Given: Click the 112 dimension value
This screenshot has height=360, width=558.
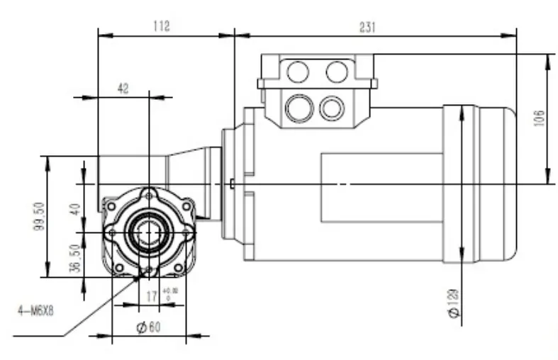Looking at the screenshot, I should pyautogui.click(x=162, y=26).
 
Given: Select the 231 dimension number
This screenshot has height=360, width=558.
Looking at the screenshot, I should pyautogui.click(x=367, y=26).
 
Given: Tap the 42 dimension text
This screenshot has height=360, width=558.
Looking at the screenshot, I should pyautogui.click(x=123, y=88).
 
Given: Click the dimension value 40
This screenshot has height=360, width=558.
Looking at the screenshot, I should pyautogui.click(x=76, y=210).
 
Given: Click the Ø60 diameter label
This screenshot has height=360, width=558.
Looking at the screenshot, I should pyautogui.click(x=148, y=327).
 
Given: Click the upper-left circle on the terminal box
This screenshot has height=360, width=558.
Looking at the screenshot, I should pyautogui.click(x=298, y=72).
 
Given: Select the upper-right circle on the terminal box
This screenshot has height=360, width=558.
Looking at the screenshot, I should pyautogui.click(x=337, y=72).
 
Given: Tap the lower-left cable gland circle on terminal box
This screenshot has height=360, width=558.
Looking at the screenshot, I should pyautogui.click(x=297, y=108).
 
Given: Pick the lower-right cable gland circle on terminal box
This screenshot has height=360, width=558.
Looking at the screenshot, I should pyautogui.click(x=331, y=108).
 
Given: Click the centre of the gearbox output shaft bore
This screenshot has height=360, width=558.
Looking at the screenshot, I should pyautogui.click(x=148, y=232).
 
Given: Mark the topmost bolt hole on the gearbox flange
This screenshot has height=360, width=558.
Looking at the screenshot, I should pyautogui.click(x=148, y=194).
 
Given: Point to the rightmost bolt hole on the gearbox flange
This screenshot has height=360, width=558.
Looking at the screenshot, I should pyautogui.click(x=187, y=232).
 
